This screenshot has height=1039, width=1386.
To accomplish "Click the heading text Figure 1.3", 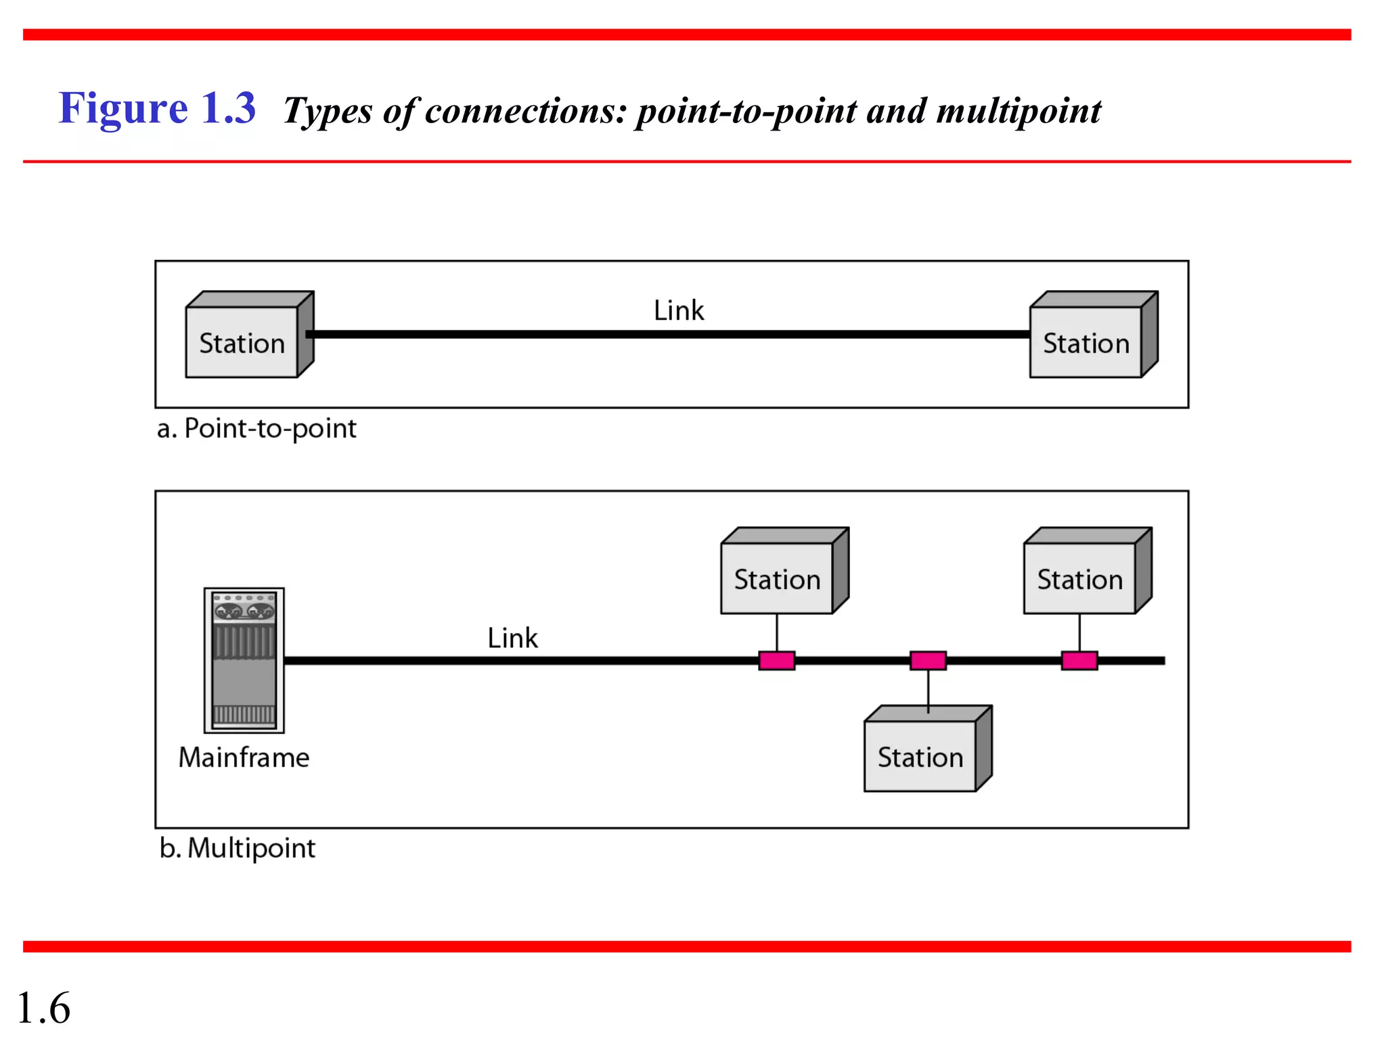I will [x=157, y=108].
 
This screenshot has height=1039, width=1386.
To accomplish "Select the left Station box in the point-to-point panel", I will [x=242, y=342].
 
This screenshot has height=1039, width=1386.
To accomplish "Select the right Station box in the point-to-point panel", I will [x=1086, y=342].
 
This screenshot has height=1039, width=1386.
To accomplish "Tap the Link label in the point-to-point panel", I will [x=678, y=310].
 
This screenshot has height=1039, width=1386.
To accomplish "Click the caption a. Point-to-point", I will [x=256, y=428].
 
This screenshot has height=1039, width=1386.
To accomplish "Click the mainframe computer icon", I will [x=244, y=660].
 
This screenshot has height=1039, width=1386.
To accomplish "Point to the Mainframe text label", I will [x=244, y=757].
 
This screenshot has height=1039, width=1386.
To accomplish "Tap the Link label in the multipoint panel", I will [x=512, y=638].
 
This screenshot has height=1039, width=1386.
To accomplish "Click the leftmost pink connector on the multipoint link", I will [x=776, y=660].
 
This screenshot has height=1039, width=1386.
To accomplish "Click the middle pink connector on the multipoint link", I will [x=928, y=660].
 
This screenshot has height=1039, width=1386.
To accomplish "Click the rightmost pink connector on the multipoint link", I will [x=1079, y=660].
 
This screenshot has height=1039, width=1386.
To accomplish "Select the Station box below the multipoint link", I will [x=920, y=756].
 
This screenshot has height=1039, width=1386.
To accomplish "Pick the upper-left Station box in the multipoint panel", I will [x=777, y=578].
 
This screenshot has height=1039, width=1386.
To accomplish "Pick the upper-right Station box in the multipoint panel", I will [x=1079, y=578].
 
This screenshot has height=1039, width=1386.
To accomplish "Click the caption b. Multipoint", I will [x=238, y=848].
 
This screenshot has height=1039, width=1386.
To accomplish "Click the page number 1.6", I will [x=43, y=1007].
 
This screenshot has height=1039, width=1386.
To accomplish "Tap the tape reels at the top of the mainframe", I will [x=244, y=611].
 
